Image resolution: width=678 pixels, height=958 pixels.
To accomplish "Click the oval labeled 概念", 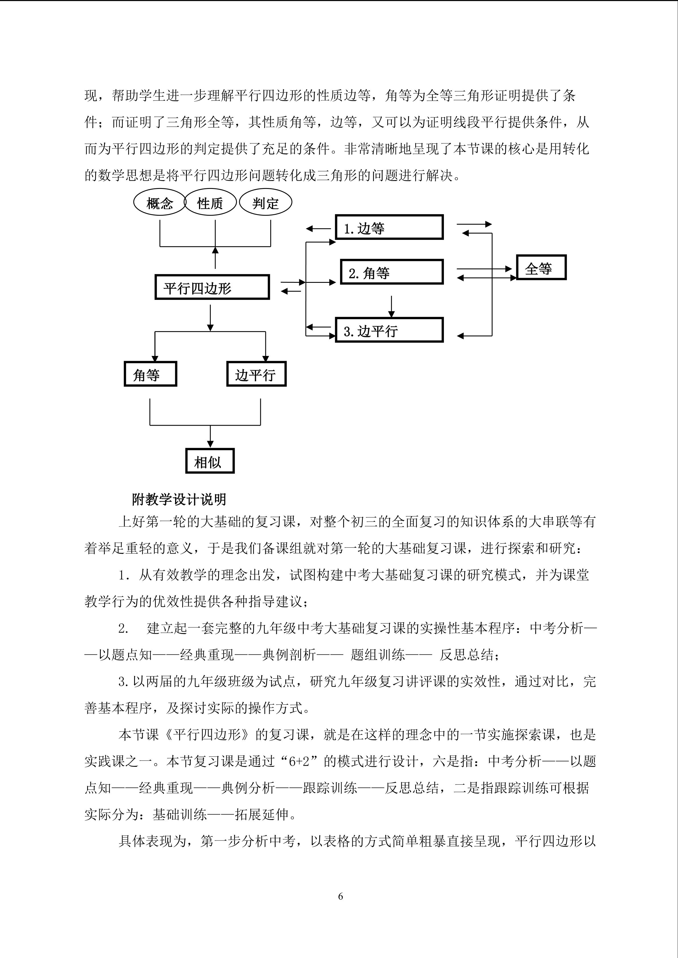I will click(159, 203).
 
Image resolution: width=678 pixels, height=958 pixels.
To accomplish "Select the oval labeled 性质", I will click(210, 203).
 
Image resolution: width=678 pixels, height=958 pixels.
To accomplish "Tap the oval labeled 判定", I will click(265, 203).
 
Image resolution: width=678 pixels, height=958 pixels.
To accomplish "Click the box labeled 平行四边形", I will click(212, 287).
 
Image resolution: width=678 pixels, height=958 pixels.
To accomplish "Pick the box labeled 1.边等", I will click(389, 227).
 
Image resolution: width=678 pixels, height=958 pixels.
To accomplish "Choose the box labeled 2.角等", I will click(392, 272).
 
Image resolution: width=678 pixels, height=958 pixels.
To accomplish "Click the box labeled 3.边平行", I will click(389, 330).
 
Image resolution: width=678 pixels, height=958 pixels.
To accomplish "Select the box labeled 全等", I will click(541, 267).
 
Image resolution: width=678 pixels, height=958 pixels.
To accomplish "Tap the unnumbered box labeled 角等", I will click(150, 374).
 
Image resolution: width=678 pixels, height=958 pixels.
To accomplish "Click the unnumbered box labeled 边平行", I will click(256, 374).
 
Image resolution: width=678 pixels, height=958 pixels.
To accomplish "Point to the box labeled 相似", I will click(210, 461).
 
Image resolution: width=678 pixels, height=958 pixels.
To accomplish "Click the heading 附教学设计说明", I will click(179, 499).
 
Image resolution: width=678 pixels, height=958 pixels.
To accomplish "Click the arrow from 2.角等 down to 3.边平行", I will click(391, 307).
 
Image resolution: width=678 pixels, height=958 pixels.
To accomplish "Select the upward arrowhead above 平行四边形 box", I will click(215, 250).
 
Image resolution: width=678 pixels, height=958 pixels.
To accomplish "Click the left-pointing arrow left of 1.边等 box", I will click(318, 229).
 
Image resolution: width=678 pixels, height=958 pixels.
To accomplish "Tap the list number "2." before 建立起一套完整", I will click(123, 628).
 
